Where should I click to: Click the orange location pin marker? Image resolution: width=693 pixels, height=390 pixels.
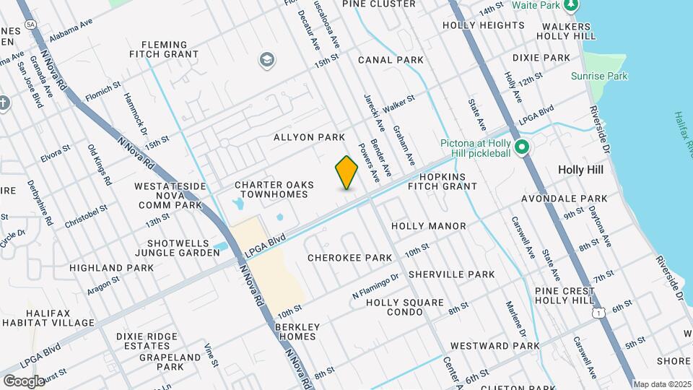point(347,173)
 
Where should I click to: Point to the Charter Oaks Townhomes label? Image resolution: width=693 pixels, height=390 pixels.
point(274,190)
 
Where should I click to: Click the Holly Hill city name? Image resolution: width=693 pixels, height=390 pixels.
point(586,170)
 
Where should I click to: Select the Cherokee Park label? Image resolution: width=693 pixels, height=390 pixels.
point(349,258)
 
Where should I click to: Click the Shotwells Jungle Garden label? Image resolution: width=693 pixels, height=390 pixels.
point(183,248)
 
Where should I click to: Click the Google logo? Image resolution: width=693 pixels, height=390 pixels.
point(24,381)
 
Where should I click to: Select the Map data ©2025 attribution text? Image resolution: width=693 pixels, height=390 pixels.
point(662,384)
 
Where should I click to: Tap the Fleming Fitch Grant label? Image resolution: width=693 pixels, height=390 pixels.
point(164,48)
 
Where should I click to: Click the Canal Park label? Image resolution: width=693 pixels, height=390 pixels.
point(390,59)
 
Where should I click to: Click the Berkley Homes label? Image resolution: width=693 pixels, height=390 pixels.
point(297,331)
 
